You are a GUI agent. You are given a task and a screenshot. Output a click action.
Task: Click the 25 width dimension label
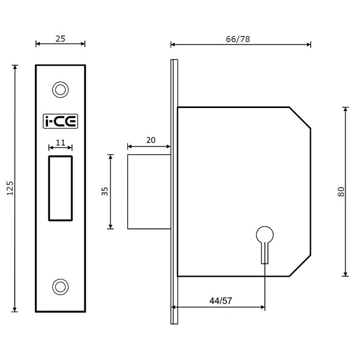coord(61,38)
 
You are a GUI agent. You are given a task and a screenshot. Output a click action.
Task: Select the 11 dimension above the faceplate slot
coord(61,143)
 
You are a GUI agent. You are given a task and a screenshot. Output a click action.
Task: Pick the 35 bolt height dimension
coord(104,191)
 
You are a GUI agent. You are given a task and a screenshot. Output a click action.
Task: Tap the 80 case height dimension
coord(340,191)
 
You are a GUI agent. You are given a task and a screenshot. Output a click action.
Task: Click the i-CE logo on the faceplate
coord(60,121)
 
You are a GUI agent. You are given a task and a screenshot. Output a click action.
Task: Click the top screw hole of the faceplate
coord(61,89)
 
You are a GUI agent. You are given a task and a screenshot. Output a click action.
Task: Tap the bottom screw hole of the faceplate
coord(61,286)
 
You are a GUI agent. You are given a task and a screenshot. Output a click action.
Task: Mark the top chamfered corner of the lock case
coord(300,117)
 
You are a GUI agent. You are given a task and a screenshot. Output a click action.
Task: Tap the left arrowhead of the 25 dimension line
coord(37,44)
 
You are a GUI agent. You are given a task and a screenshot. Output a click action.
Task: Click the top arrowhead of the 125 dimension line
coord(15,67)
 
